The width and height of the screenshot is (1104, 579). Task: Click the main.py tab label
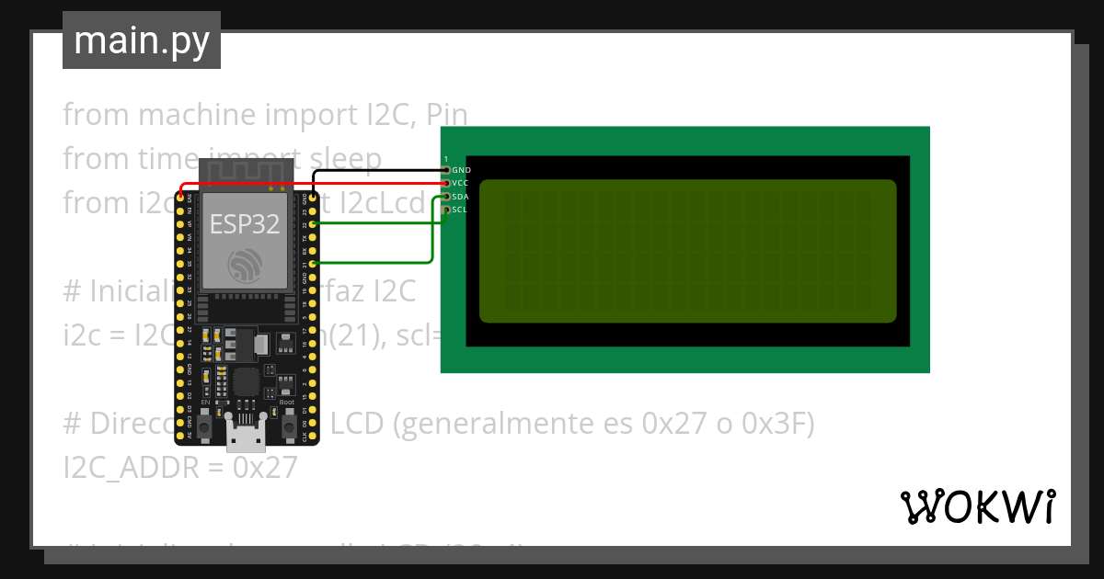coord(142,40)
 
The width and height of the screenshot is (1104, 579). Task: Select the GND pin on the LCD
coord(447,170)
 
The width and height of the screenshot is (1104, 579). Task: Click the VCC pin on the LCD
coord(447,183)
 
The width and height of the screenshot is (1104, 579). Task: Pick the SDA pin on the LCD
coord(447,197)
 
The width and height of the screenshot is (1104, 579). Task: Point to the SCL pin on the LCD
coord(447,210)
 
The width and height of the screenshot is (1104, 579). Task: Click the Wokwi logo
coord(977,506)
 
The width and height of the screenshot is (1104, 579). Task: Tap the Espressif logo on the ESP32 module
coord(243,267)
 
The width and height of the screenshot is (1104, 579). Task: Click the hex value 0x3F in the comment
coord(781,424)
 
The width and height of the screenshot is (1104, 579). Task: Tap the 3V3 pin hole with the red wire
coord(181,197)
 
